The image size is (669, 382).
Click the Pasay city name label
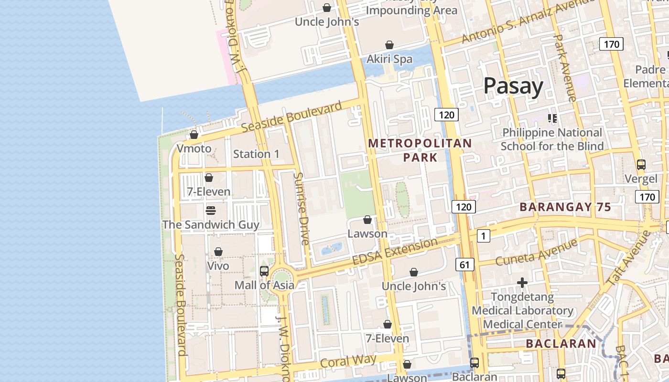point(513,86)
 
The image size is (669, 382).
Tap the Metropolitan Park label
point(420,150)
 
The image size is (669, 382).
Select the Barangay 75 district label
point(565,207)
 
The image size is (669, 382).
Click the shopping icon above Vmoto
point(194,135)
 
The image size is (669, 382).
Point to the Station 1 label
point(256,154)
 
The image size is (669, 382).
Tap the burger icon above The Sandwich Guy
point(211,210)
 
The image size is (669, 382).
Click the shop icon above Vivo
point(218,252)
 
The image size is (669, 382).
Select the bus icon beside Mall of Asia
point(264,271)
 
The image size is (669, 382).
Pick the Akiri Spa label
point(389,59)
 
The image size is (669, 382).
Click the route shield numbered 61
point(465,264)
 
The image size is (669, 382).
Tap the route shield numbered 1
point(484,235)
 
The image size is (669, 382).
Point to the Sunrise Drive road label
point(302,209)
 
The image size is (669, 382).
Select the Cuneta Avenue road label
point(536,253)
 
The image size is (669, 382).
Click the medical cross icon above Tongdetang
point(522,283)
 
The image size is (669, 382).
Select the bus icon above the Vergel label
point(641,165)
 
